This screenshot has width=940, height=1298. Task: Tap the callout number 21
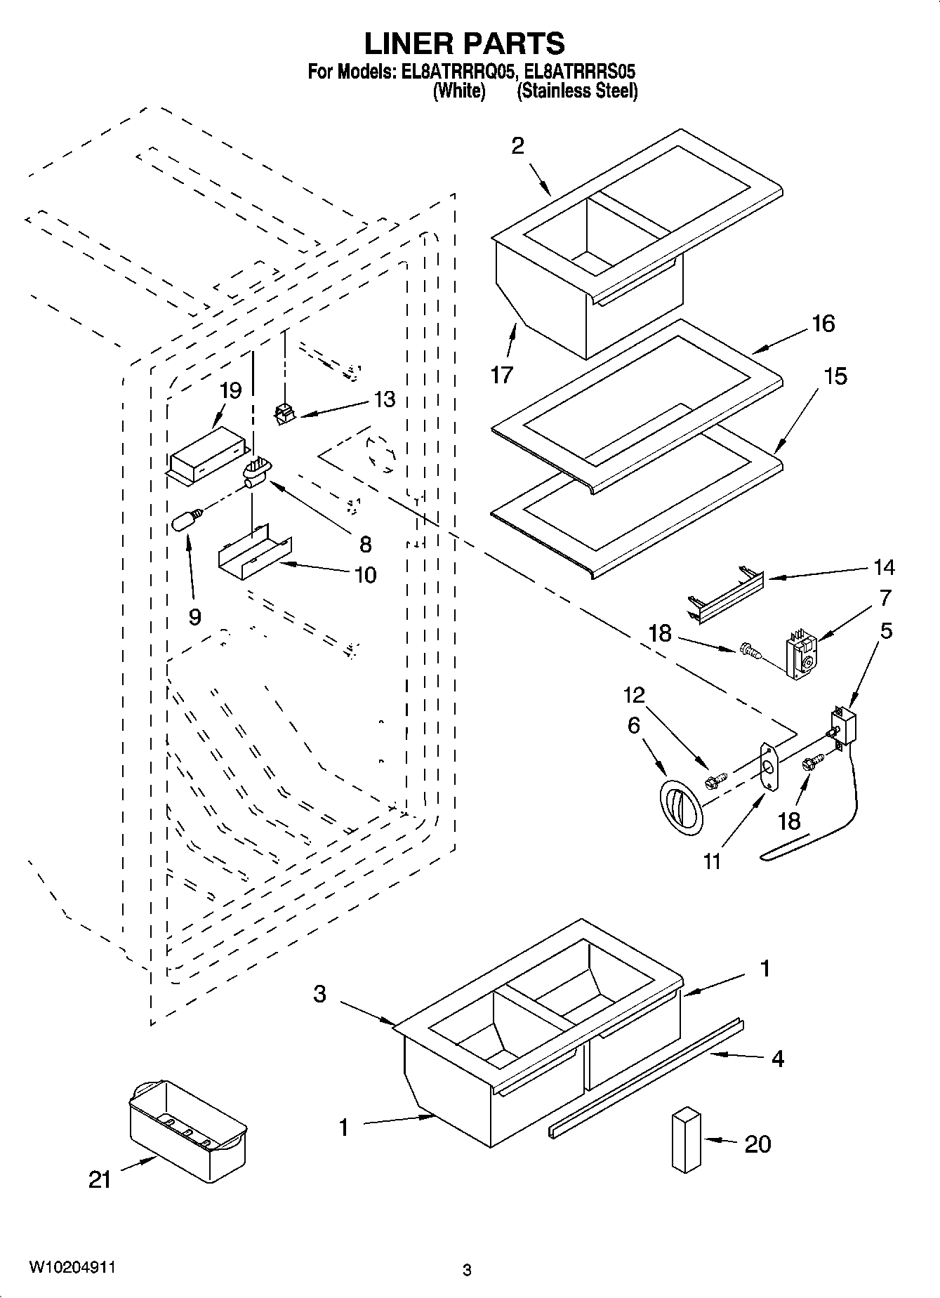coord(100,1179)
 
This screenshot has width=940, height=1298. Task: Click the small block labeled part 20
coord(686,1139)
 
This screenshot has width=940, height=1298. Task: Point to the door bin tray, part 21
coord(188,1121)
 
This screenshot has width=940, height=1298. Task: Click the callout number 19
coord(230,391)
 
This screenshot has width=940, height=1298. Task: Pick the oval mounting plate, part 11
coord(770,767)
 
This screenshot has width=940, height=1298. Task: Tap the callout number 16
coord(823,324)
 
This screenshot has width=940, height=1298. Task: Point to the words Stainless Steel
coord(577,91)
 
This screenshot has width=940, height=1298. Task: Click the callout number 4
coord(778,1058)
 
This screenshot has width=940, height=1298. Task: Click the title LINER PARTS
coord(464,44)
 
